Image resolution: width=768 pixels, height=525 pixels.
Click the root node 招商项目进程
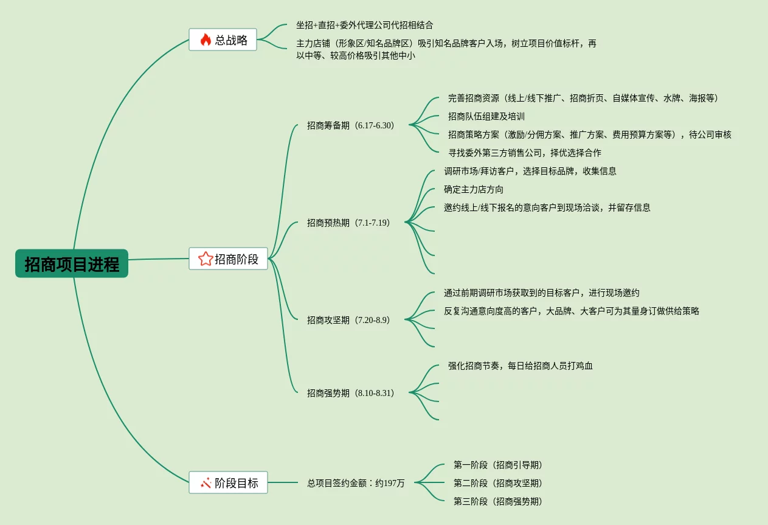point(72,263)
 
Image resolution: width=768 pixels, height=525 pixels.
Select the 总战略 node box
point(223,40)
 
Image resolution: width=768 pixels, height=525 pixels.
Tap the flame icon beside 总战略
point(206,40)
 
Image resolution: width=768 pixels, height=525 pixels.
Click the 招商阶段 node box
point(228,259)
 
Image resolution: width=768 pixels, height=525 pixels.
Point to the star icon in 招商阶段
point(206,259)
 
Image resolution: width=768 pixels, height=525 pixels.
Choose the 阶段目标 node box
point(228,482)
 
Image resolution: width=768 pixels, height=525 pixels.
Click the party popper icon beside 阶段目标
point(206,483)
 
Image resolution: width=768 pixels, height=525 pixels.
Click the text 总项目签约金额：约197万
point(356,483)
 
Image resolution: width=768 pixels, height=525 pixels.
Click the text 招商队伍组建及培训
point(486,116)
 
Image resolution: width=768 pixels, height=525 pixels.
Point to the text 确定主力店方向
point(474,189)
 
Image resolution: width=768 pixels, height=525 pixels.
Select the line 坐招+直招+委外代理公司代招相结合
point(365,25)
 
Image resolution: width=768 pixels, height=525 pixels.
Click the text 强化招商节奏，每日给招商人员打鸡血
point(520,366)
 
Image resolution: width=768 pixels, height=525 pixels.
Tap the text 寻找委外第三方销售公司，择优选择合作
point(524,153)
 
